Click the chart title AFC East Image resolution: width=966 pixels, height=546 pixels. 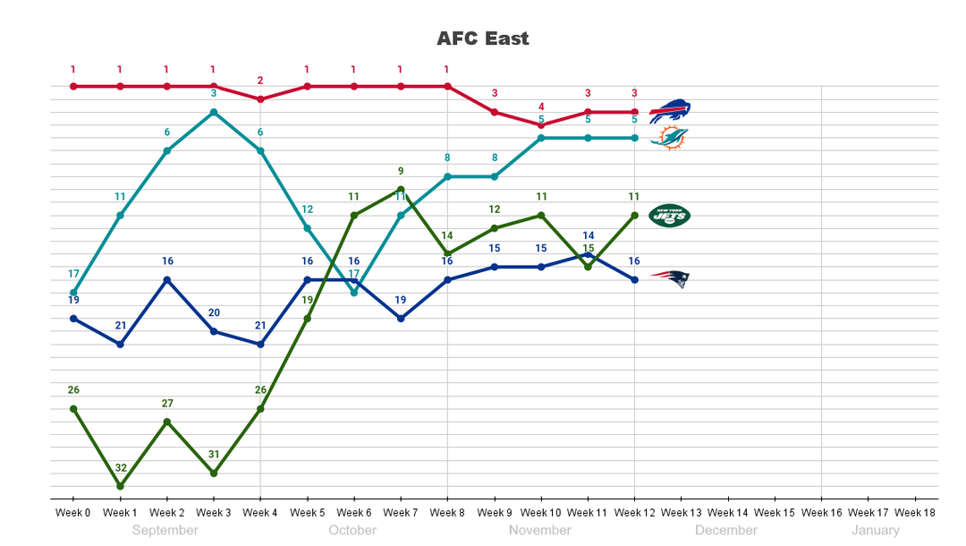point(483,38)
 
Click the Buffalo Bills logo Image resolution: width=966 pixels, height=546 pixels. point(669,112)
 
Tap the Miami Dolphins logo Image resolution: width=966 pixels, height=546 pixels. point(669,138)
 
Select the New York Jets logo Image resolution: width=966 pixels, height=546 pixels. point(669,215)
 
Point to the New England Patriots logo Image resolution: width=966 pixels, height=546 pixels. point(669,279)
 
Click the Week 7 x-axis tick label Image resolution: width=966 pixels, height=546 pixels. point(401,513)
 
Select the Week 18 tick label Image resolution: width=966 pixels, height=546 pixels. point(915,513)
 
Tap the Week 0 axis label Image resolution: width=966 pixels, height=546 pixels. point(73,513)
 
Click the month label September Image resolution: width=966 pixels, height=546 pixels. point(165,531)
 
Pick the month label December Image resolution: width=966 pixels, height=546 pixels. point(726,531)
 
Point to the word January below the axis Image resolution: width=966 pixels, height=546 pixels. point(876,531)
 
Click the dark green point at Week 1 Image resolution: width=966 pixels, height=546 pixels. point(120,486)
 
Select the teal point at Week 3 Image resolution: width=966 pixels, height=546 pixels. point(214,112)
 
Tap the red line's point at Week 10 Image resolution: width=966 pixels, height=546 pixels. point(541,125)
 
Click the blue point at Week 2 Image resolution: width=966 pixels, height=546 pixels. point(167,280)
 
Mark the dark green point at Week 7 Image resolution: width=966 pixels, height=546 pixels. point(401,190)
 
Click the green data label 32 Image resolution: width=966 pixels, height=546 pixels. point(120,468)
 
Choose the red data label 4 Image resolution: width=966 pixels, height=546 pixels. point(541,107)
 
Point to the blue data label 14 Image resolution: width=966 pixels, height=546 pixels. point(588,236)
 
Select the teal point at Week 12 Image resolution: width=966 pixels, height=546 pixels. point(635,138)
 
